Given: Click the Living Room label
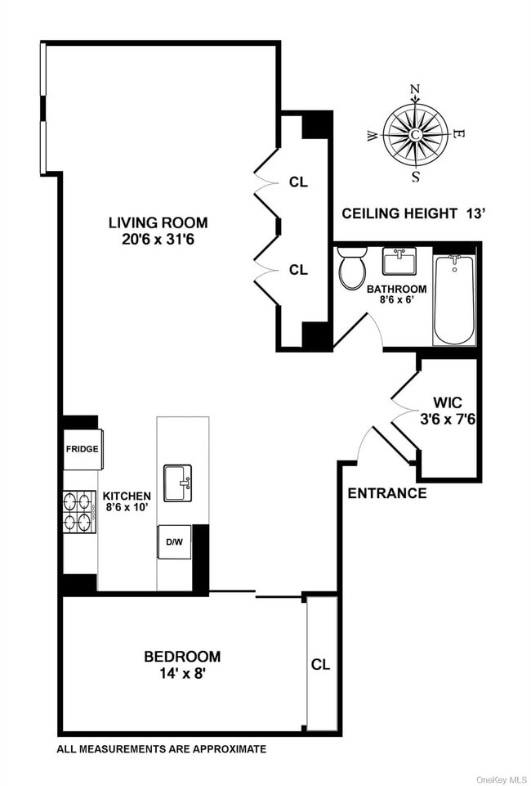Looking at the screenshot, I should [158, 222].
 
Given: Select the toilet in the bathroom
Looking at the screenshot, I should [352, 270].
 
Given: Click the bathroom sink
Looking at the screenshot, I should [399, 263].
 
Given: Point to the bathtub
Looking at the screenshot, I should [453, 299].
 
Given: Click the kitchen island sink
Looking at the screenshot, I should [177, 483].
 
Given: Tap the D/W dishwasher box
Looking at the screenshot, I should [174, 541].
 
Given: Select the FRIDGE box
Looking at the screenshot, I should [83, 449].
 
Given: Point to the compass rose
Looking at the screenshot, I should [416, 133].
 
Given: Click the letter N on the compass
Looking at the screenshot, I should [415, 90].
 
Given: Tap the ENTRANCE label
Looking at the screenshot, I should [387, 493].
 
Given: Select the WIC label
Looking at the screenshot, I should [448, 402].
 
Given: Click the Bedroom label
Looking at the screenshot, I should [182, 656].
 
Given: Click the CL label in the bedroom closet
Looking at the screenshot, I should [320, 665].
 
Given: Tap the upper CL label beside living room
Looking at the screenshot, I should [298, 182].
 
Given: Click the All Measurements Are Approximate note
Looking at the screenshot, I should [162, 748].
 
